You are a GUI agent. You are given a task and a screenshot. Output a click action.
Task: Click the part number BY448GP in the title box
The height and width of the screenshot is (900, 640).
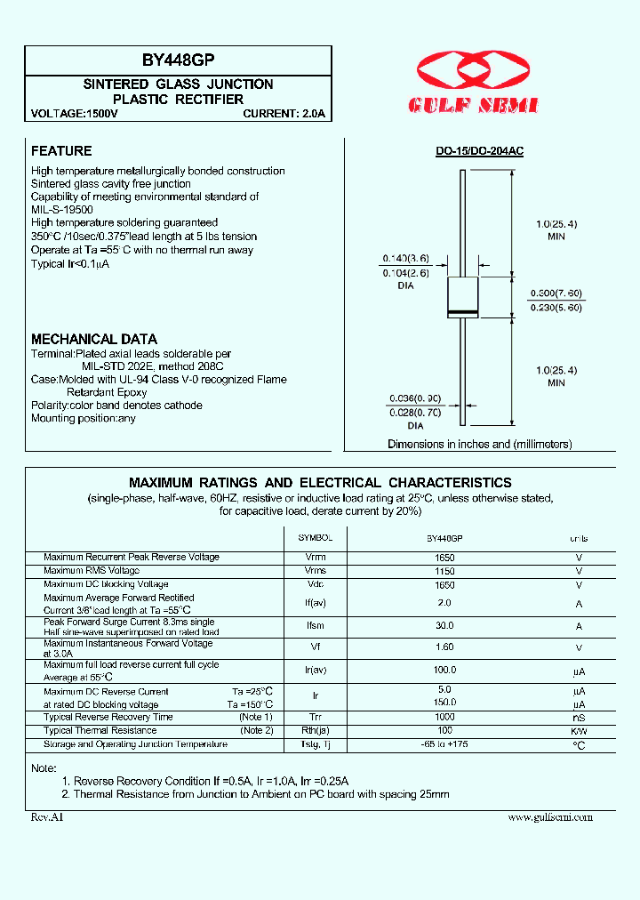pyautogui.click(x=178, y=61)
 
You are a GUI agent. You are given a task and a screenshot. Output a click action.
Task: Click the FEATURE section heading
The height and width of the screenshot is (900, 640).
pyautogui.click(x=61, y=151)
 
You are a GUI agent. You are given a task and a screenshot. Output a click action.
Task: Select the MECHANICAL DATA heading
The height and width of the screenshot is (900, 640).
pyautogui.click(x=94, y=339)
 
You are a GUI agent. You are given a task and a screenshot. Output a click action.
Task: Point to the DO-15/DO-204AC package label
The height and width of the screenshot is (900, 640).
pyautogui.click(x=479, y=152)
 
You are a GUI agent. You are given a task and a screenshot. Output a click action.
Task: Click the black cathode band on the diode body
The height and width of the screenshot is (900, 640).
pyautogui.click(x=462, y=310)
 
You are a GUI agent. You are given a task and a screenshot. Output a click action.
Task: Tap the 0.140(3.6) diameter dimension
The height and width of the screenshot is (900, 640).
pyautogui.click(x=406, y=259)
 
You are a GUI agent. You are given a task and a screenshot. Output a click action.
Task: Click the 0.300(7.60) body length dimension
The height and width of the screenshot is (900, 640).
pyautogui.click(x=556, y=293)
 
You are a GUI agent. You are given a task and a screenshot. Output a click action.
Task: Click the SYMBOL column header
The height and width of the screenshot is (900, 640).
pyautogui.click(x=315, y=539)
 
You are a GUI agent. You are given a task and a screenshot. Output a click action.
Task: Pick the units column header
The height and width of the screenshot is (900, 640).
pyautogui.click(x=579, y=539)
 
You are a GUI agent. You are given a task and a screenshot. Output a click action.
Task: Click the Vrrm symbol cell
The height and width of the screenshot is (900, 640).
pyautogui.click(x=315, y=558)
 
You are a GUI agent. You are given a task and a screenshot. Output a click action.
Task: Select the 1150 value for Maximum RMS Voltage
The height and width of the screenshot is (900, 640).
pyautogui.click(x=444, y=571)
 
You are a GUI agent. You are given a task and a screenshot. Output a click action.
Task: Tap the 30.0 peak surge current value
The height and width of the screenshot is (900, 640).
pyautogui.click(x=444, y=626)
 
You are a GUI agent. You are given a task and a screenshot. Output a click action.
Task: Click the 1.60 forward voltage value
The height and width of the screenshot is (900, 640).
pyautogui.click(x=444, y=648)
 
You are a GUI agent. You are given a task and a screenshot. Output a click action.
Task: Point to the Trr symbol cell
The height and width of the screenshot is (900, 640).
pyautogui.click(x=315, y=717)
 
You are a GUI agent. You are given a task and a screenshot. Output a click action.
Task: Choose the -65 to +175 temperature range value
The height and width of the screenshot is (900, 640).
pyautogui.click(x=444, y=744)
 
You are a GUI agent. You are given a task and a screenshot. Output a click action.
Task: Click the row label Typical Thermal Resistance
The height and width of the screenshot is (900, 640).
pyautogui.click(x=100, y=730)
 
